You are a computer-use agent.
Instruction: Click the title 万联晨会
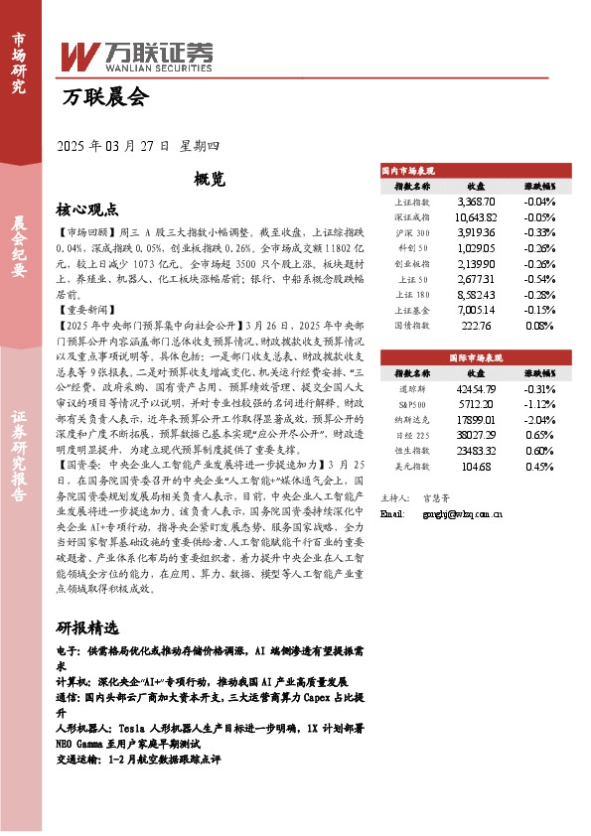103,97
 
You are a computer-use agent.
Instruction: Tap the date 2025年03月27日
115,146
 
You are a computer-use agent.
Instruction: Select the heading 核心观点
87,210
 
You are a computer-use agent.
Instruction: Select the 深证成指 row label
412,216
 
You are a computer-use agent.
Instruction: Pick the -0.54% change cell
539,279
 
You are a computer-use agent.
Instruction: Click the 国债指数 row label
412,325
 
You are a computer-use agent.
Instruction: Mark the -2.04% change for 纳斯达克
539,420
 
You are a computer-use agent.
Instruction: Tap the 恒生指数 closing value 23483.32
475,451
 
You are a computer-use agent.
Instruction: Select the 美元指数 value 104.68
475,466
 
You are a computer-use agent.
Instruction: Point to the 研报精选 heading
87,628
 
